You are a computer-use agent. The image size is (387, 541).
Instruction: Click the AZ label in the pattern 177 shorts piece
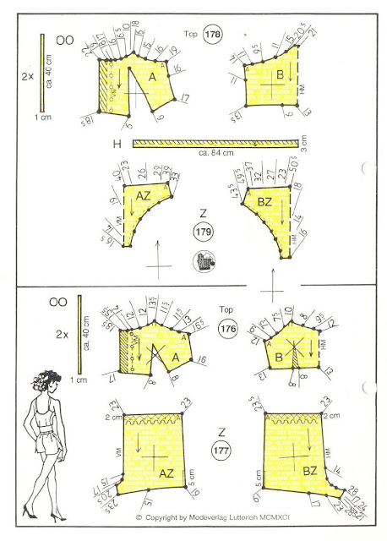[x=165, y=476]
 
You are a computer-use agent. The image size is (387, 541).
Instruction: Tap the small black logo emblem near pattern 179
[x=203, y=260]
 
